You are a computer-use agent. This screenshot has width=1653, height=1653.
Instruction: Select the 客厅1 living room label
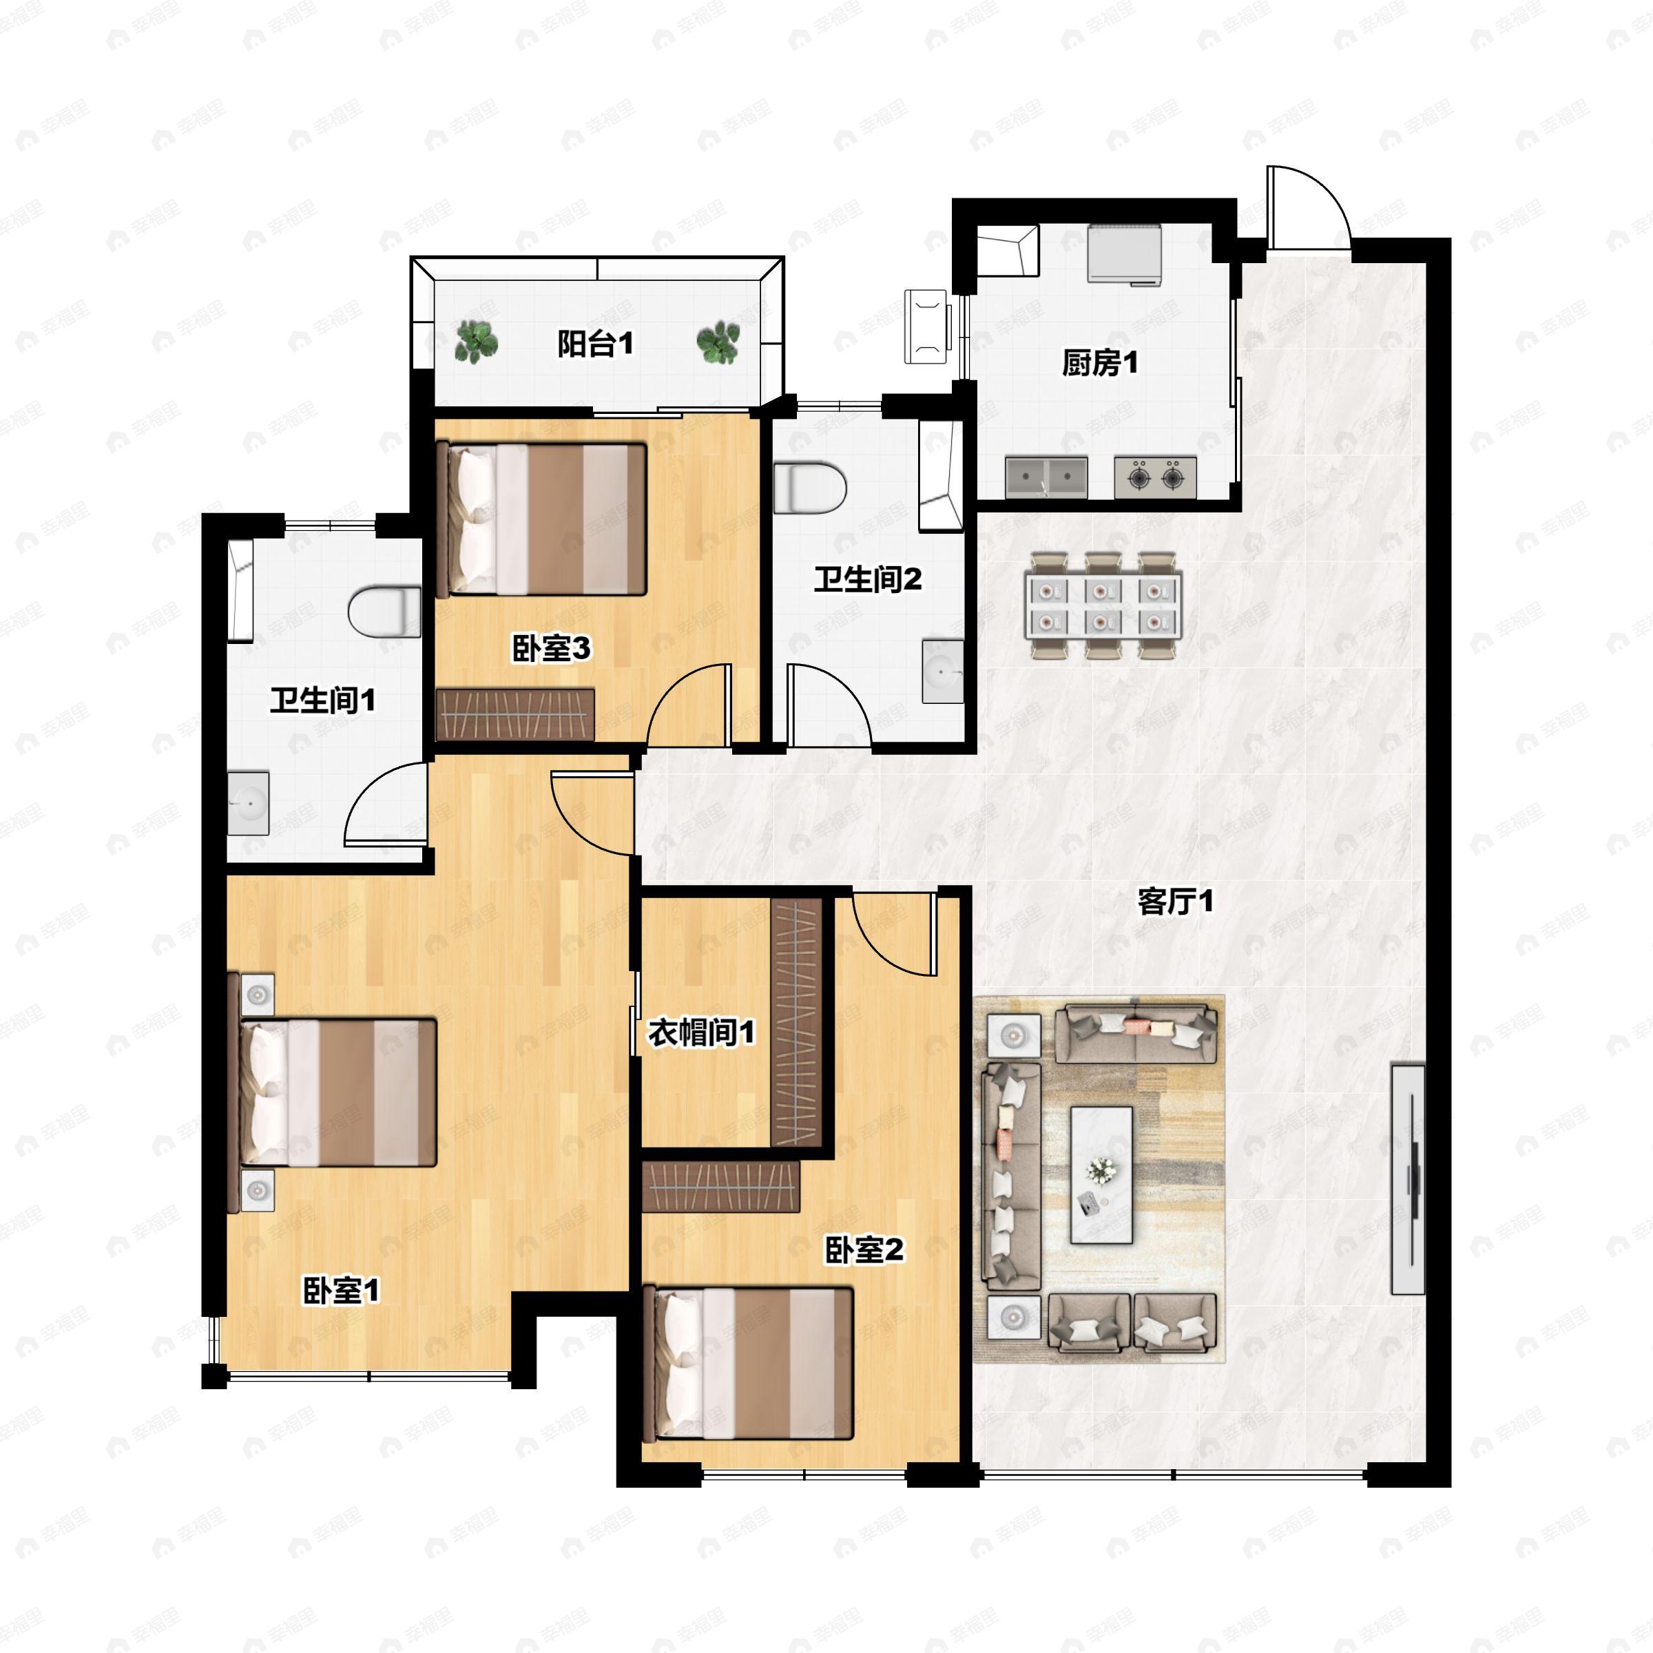(x=1175, y=901)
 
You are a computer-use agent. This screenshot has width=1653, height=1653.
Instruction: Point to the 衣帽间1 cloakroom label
(x=702, y=1032)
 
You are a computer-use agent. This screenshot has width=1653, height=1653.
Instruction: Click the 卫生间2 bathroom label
(x=868, y=579)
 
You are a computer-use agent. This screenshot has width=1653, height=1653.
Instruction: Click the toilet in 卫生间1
(x=384, y=611)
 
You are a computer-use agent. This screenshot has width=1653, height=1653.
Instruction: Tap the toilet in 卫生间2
(x=809, y=488)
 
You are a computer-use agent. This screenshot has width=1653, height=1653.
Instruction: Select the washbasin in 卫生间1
(x=248, y=802)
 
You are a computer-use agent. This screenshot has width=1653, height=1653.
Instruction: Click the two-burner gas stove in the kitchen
(x=1155, y=477)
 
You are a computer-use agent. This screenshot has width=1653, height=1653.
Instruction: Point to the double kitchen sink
(x=1046, y=477)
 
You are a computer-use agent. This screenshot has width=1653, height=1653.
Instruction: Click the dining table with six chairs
(x=1103, y=604)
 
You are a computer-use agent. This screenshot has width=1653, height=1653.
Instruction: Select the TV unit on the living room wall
(x=1407, y=1179)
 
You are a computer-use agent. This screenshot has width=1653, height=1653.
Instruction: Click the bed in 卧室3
(x=541, y=519)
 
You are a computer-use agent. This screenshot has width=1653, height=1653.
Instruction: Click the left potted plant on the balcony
(x=476, y=340)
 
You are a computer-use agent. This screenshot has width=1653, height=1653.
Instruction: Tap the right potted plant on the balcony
(x=718, y=342)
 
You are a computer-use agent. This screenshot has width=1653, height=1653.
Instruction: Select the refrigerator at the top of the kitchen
(x=1124, y=253)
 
